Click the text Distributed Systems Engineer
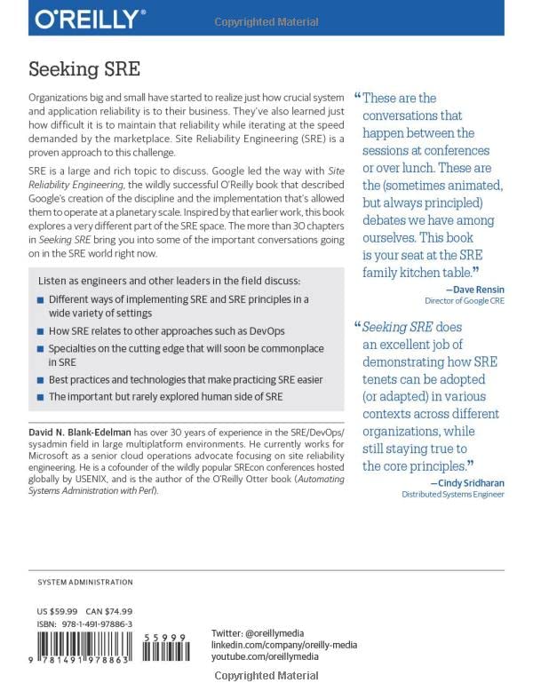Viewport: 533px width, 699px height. coord(452,495)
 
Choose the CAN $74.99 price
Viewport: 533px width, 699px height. coord(115,612)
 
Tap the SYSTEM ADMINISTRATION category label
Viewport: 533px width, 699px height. coord(85,583)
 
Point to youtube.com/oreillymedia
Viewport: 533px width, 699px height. coord(268,655)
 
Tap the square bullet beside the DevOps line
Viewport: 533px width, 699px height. coord(40,331)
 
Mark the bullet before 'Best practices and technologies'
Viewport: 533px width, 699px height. coord(40,380)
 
